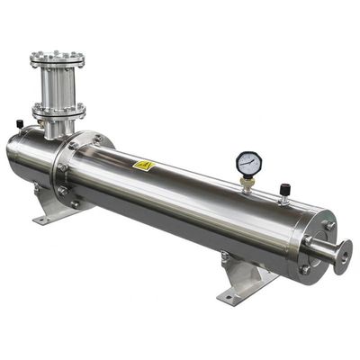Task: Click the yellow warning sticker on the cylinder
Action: tap(143, 166)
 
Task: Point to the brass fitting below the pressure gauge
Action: tap(247, 183)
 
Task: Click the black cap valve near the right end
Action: tap(284, 190)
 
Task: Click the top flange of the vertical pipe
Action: tap(58, 59)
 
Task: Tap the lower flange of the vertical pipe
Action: tap(58, 111)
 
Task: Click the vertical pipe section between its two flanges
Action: tap(58, 85)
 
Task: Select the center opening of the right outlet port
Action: tap(343, 253)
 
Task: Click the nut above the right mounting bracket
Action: tap(225, 257)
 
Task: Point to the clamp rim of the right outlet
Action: tap(341, 253)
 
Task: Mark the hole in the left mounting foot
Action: tap(52, 216)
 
